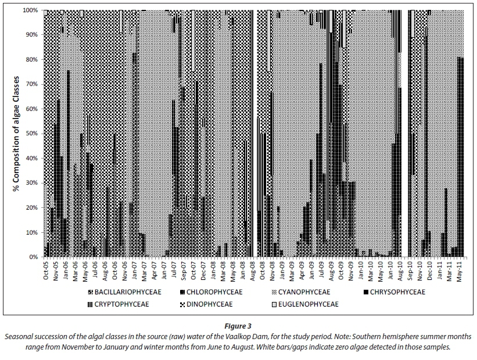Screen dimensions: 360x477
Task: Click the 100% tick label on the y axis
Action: (31, 10)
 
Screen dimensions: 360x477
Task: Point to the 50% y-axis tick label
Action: (33, 134)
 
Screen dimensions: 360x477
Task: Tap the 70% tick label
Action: (33, 84)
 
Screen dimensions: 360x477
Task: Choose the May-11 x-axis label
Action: (460, 271)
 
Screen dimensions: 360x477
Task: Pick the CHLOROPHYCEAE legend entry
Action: (217, 291)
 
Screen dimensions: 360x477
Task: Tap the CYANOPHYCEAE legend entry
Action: (306, 291)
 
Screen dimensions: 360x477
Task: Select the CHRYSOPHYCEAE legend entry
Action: (395, 291)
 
